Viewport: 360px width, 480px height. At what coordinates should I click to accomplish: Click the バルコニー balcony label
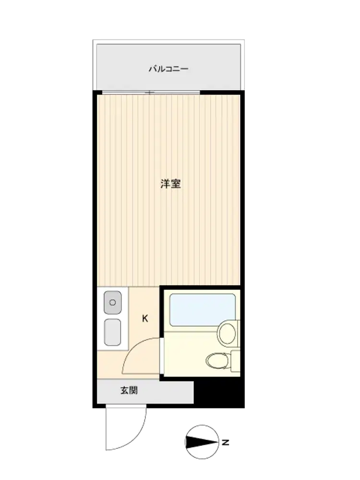click(x=168, y=69)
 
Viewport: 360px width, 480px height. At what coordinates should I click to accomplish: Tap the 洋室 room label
click(x=170, y=184)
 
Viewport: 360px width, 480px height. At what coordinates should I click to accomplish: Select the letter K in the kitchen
click(x=145, y=319)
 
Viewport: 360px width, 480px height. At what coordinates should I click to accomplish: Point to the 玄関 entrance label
click(x=129, y=390)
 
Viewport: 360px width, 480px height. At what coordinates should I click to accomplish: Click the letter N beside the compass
click(x=226, y=442)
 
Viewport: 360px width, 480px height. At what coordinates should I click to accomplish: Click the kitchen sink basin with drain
click(x=113, y=302)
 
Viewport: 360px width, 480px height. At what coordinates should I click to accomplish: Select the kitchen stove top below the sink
click(x=113, y=332)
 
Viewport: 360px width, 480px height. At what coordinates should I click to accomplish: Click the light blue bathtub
click(x=203, y=310)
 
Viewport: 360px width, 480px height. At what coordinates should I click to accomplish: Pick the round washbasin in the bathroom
click(x=228, y=333)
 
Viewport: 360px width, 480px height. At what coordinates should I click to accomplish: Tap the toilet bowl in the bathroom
click(x=217, y=361)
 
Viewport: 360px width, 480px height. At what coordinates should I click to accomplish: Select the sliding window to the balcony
click(x=151, y=93)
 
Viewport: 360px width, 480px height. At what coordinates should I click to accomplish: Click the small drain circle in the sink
click(x=113, y=302)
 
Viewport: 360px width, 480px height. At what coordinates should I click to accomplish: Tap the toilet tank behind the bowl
click(x=235, y=361)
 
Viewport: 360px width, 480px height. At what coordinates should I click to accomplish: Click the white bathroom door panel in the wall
click(x=162, y=355)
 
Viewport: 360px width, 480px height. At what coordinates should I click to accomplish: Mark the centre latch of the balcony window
click(x=150, y=93)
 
